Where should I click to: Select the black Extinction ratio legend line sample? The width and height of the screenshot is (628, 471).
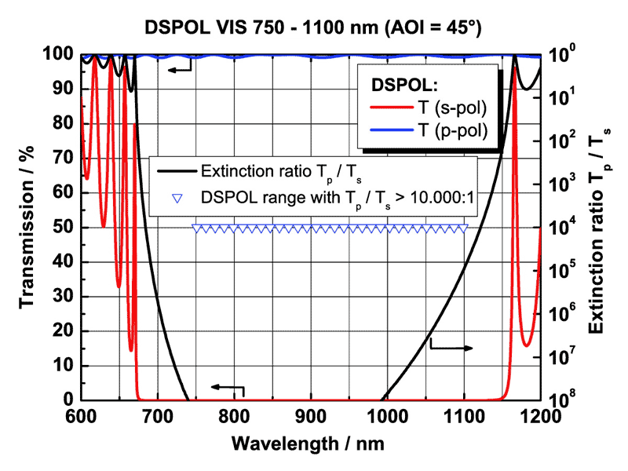click(x=177, y=173)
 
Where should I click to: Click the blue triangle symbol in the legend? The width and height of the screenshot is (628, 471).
click(x=177, y=196)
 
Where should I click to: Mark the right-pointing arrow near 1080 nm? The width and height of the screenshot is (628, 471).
click(x=451, y=346)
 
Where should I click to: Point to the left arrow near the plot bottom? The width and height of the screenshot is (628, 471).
click(x=227, y=387)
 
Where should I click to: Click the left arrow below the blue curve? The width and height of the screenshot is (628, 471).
click(x=180, y=69)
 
